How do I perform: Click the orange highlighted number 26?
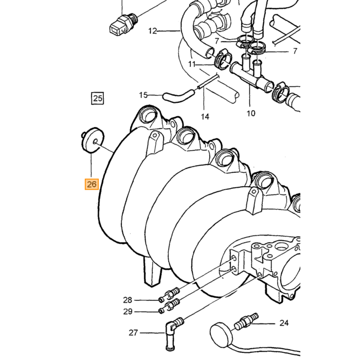click(92, 184)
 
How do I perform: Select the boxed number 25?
click(98, 98)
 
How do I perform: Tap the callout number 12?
click(153, 30)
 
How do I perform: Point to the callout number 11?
click(192, 64)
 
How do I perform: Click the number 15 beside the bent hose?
click(143, 95)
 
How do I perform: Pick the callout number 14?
click(205, 117)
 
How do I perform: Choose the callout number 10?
click(251, 113)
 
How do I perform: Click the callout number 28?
click(128, 300)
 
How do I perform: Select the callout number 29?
click(128, 312)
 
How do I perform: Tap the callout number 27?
click(133, 333)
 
